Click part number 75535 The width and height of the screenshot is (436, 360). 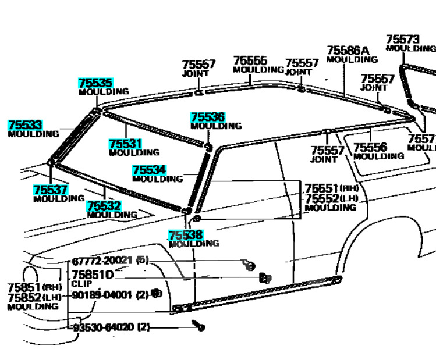pos(95,83)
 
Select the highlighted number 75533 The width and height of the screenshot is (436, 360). pos(24,125)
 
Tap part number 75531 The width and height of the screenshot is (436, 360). pos(125,144)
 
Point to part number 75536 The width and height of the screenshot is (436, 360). pos(207,117)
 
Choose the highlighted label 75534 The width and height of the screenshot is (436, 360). pos(148,170)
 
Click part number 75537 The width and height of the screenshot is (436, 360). pos(50,190)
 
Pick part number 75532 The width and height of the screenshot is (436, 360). pos(104,206)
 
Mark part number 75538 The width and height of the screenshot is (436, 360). pos(185,235)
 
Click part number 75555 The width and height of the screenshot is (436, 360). pos(250,60)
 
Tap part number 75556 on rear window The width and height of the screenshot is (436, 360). pos(370,148)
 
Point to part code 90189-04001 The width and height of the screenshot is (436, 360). pos(103,295)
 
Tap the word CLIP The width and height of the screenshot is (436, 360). pos(81,284)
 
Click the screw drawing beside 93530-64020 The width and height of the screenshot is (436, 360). pos(201,327)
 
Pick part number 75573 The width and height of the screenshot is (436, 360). pos(402,40)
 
